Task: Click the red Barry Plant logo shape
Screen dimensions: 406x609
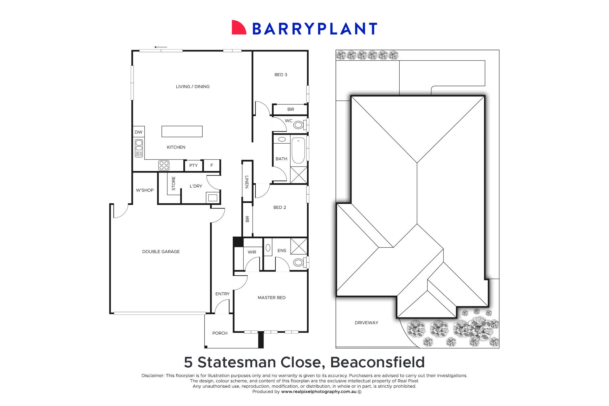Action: pos(239,28)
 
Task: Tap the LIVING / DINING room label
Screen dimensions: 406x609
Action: pos(193,87)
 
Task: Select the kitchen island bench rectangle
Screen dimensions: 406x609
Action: pos(182,131)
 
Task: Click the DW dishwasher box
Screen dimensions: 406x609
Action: pos(138,132)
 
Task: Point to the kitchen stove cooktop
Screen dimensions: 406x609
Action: pos(164,165)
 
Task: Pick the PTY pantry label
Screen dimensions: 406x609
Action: pos(193,166)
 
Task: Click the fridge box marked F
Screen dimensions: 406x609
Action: pos(212,165)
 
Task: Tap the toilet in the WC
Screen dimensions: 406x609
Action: pos(298,125)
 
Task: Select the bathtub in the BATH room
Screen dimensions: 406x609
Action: pos(298,150)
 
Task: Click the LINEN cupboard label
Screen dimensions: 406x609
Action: pos(247,182)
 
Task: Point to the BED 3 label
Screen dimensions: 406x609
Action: pos(281,75)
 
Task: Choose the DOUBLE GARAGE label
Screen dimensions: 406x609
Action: pos(161,252)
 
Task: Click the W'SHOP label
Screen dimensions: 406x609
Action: pos(145,190)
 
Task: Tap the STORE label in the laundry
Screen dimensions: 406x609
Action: pos(174,183)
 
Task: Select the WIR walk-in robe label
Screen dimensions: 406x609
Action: pos(252,252)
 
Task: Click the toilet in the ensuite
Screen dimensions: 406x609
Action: pos(298,262)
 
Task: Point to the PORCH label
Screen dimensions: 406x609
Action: pos(220,333)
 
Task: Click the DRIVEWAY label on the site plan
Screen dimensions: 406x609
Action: pos(366,323)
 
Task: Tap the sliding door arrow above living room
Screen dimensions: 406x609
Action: pos(160,47)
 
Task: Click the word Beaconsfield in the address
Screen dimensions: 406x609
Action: pos(377,362)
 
